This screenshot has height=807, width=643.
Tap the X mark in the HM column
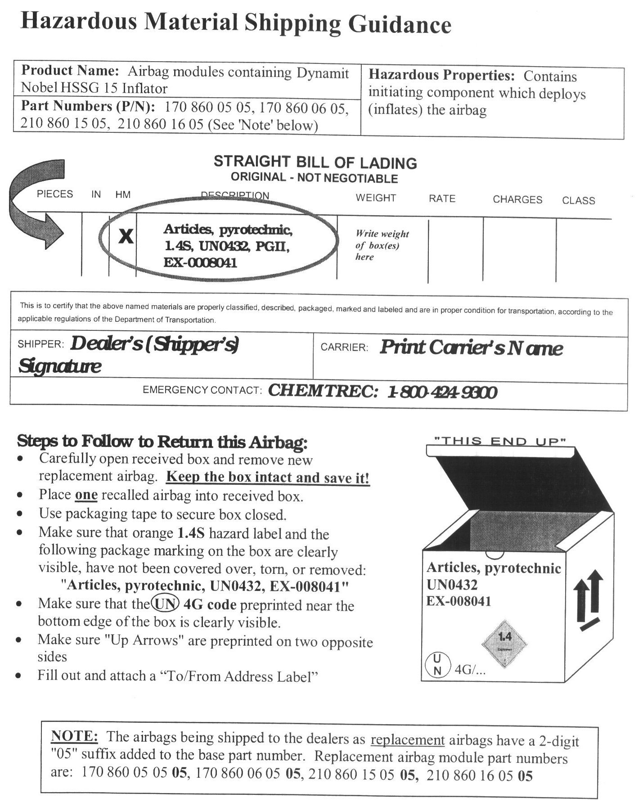coord(126,236)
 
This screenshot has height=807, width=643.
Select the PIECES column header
coord(55,194)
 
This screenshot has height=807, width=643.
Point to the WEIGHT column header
coord(376,198)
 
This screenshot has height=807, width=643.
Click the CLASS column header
coord(578,201)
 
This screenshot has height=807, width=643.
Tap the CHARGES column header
coord(517,200)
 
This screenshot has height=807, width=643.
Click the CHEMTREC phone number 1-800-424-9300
coord(442,392)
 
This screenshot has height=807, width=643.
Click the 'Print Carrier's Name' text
coord(471,348)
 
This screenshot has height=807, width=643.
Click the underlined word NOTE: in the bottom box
coord(74,736)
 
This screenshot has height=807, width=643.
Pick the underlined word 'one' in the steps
coord(86,495)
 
